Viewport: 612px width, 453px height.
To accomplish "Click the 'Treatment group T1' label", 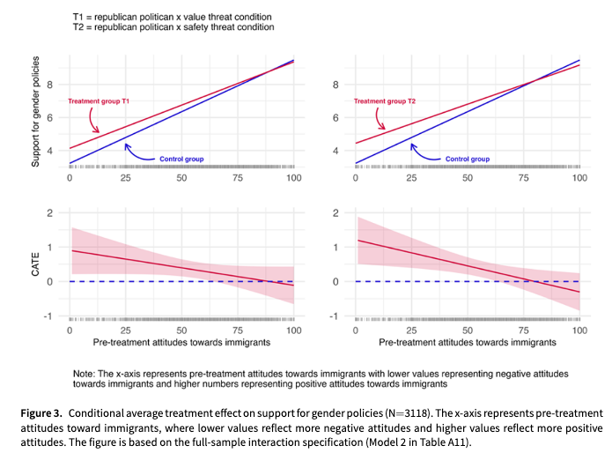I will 100,102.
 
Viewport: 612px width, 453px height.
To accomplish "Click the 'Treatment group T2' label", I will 385,102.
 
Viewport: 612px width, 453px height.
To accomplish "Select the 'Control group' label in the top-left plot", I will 181,159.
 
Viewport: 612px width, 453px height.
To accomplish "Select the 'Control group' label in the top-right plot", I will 468,159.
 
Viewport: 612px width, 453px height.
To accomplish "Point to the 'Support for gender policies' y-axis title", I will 36,113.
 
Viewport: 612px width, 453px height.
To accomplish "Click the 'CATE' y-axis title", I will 36,264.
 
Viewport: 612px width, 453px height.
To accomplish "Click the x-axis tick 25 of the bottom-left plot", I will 126,329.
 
